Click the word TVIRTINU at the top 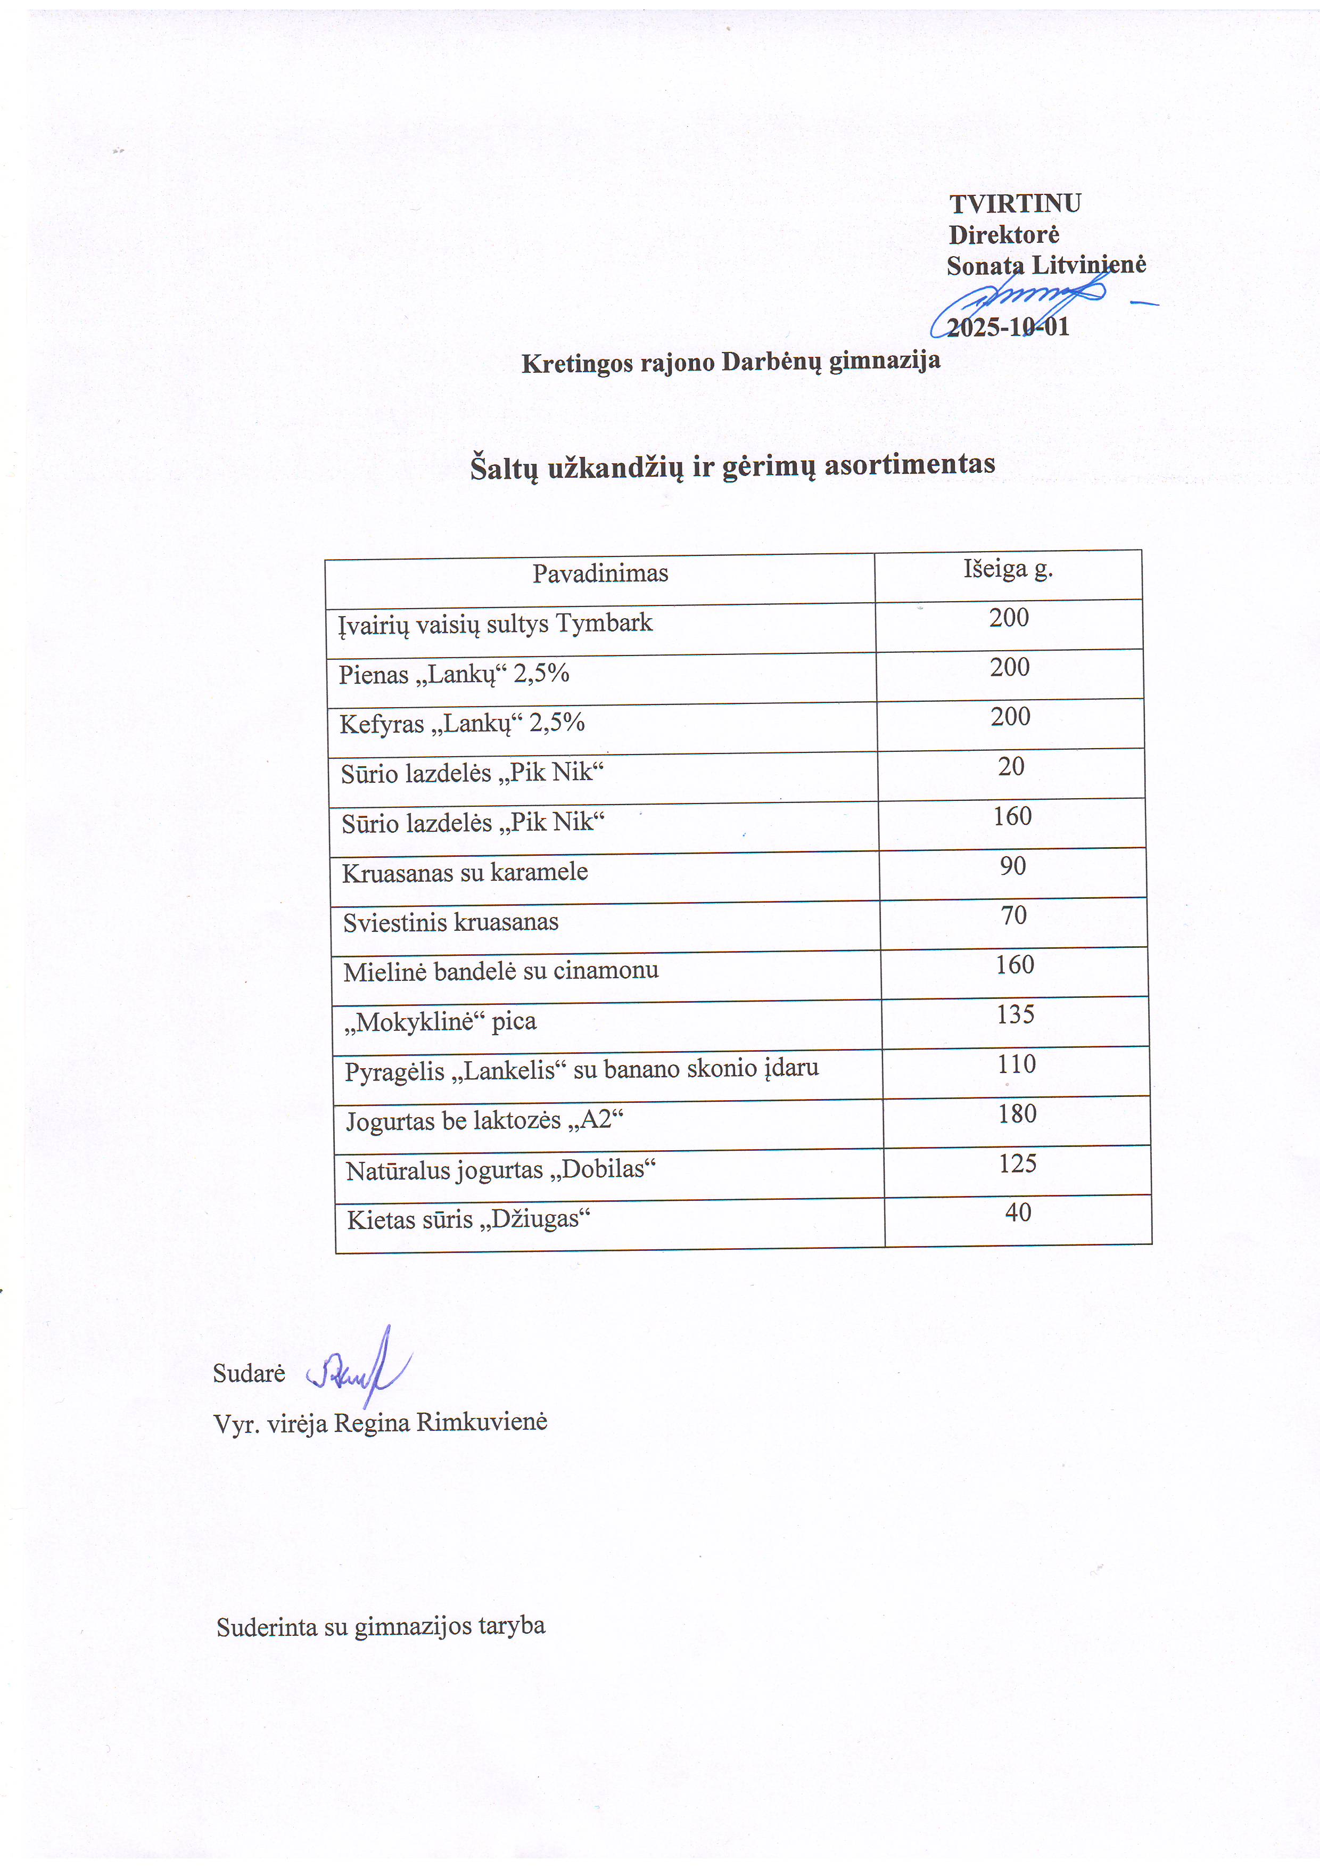pyautogui.click(x=1015, y=203)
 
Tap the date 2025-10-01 pyautogui.click(x=1008, y=327)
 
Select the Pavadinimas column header pyautogui.click(x=600, y=573)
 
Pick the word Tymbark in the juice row pyautogui.click(x=604, y=623)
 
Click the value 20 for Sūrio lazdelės pyautogui.click(x=1011, y=766)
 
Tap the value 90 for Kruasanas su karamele pyautogui.click(x=1012, y=866)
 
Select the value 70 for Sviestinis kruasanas pyautogui.click(x=1013, y=915)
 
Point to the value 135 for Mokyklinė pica pyautogui.click(x=1015, y=1014)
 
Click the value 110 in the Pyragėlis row pyautogui.click(x=1017, y=1064)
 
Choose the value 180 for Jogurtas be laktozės pyautogui.click(x=1018, y=1114)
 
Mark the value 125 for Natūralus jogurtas pyautogui.click(x=1018, y=1164)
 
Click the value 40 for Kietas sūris pyautogui.click(x=1018, y=1212)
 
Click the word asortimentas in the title pyautogui.click(x=909, y=464)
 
